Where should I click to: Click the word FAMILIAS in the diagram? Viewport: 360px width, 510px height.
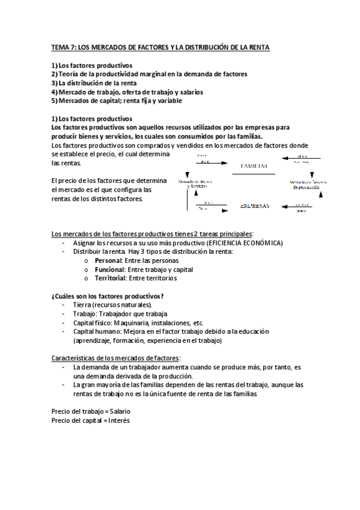[254, 166]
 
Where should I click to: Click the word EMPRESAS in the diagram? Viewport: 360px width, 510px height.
[254, 205]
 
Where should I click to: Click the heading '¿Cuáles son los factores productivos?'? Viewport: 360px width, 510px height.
[108, 296]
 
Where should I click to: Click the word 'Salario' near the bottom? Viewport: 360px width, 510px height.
[118, 411]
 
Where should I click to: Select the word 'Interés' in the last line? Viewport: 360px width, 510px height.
[119, 420]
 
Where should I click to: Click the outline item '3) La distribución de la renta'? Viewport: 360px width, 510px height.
[94, 83]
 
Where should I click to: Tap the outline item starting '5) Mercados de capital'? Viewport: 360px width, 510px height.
[117, 100]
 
